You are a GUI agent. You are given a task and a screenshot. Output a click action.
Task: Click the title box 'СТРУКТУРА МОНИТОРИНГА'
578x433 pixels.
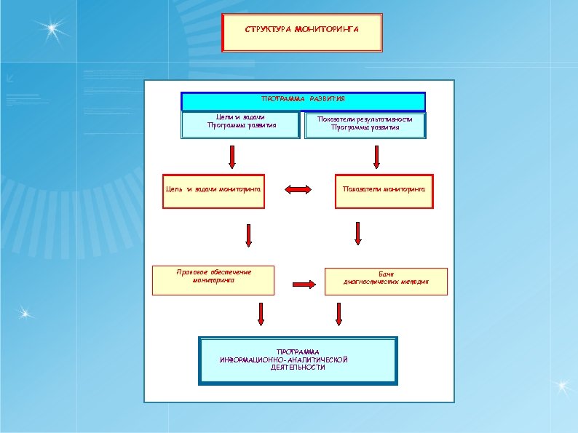tap(301, 33)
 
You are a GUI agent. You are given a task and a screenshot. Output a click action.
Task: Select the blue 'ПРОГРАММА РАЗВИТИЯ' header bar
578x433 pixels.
tap(303, 100)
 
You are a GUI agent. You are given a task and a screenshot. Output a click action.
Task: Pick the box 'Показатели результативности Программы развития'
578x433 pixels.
tap(365, 125)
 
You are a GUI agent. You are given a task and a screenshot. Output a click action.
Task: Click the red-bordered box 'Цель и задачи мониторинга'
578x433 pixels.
tap(213, 191)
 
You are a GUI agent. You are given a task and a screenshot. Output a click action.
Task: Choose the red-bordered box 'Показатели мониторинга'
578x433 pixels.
tap(384, 191)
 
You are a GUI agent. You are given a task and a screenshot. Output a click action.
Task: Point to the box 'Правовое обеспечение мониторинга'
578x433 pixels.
tap(213, 280)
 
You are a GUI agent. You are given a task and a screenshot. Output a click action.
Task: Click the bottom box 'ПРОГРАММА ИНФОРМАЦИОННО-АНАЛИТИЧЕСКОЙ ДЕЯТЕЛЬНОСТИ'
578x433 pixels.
tap(298, 360)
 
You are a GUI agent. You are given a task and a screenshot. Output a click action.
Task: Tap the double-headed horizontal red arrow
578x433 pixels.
tap(298, 190)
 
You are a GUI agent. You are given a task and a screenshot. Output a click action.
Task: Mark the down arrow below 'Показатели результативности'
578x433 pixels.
tap(376, 156)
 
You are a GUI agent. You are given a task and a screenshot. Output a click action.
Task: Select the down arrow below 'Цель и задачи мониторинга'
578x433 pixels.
tap(248, 234)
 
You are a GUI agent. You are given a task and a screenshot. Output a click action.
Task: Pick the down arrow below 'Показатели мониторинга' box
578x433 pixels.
tap(357, 233)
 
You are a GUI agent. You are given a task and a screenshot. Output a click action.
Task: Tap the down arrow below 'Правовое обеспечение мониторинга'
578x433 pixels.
tap(260, 314)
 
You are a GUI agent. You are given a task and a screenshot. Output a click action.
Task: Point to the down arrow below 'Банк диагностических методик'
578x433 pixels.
tap(339, 314)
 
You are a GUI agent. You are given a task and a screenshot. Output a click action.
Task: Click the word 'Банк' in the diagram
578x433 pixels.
tap(386, 273)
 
